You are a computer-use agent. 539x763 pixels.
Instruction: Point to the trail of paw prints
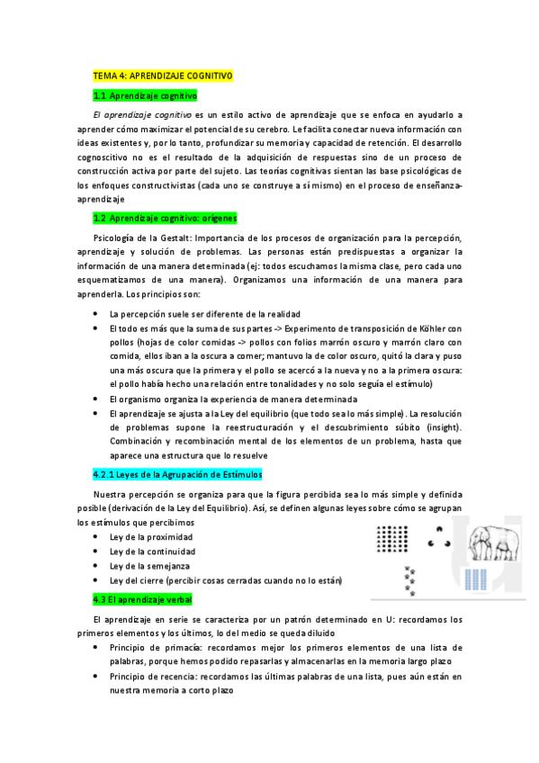[x=412, y=580]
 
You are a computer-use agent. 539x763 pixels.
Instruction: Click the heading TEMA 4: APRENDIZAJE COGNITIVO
[x=163, y=76]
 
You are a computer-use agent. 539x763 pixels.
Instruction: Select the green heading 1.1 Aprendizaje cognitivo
[x=145, y=94]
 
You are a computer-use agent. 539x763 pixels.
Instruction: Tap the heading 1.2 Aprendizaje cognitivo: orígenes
[x=165, y=218]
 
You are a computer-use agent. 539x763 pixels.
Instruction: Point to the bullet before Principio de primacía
[x=96, y=648]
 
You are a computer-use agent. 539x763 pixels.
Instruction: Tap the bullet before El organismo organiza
[x=96, y=399]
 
